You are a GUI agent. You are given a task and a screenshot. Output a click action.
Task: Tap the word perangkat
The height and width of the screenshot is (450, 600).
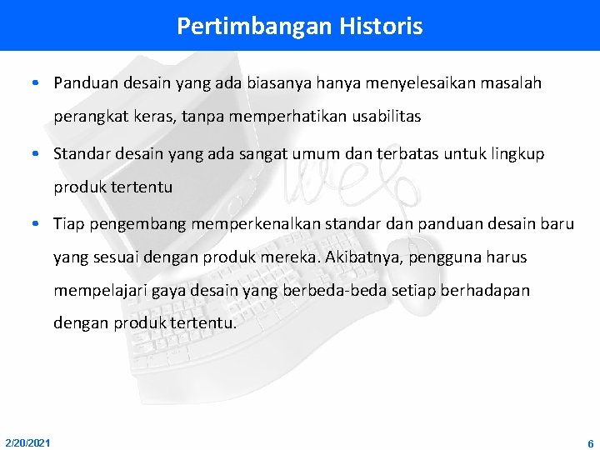click(86, 117)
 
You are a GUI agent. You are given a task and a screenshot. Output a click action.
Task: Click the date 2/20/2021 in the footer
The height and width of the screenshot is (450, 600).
click(27, 442)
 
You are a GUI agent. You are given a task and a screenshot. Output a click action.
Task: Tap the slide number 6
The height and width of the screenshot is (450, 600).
click(590, 443)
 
